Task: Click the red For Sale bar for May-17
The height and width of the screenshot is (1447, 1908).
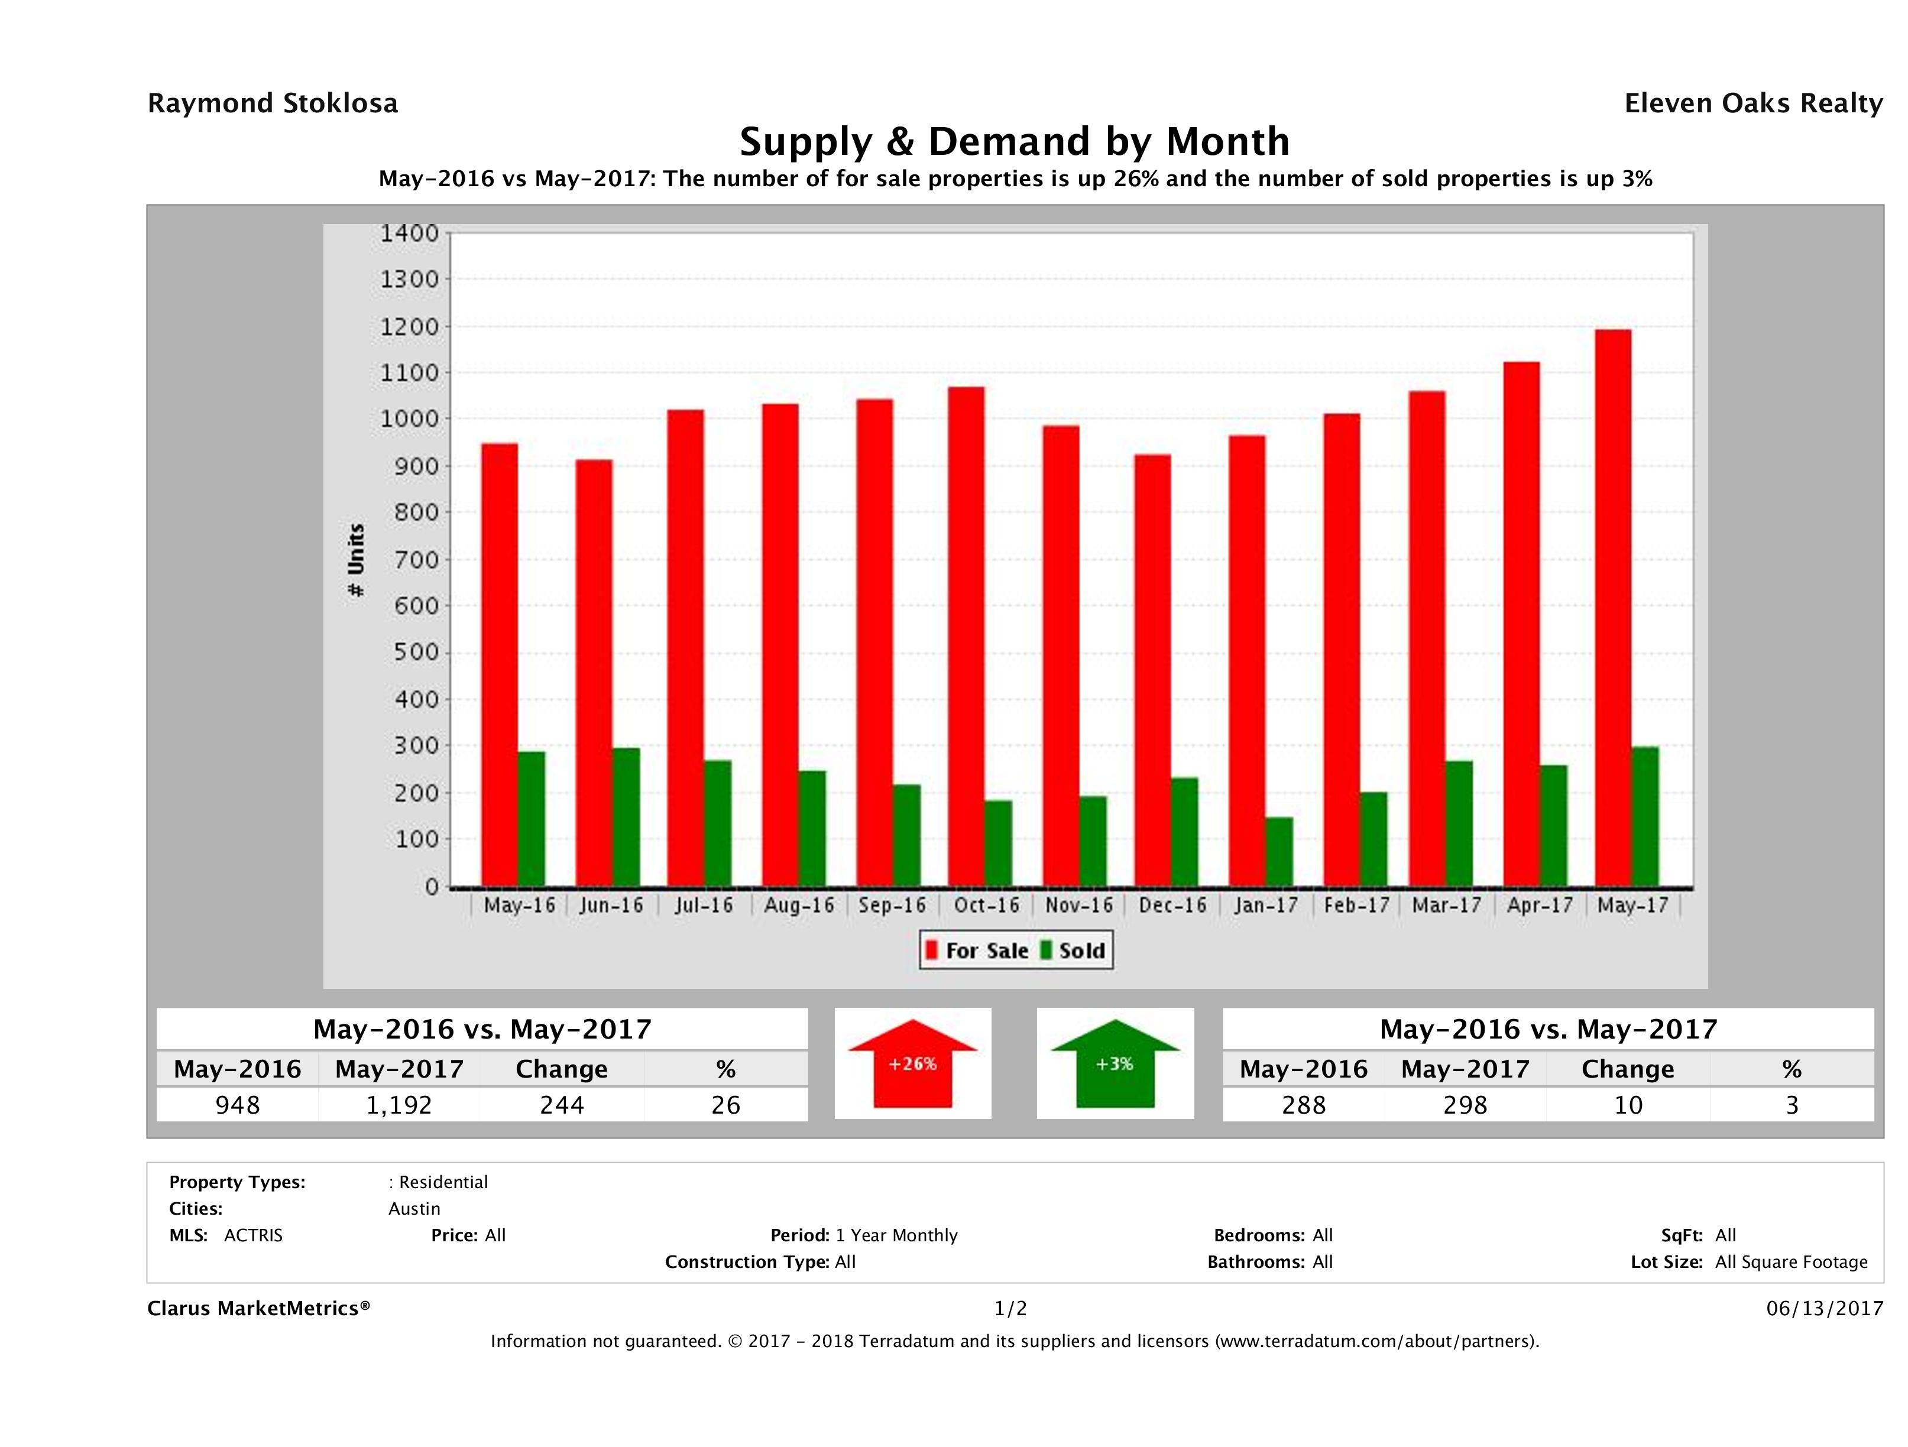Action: (x=1612, y=608)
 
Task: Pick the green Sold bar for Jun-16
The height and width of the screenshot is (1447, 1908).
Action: (x=626, y=817)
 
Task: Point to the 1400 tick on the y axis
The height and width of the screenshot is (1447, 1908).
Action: (x=410, y=233)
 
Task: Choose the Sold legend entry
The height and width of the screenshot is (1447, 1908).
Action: (x=1073, y=950)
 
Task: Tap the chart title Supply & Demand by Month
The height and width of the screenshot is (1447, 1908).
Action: (x=1015, y=141)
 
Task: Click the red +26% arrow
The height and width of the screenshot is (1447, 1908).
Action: (x=912, y=1063)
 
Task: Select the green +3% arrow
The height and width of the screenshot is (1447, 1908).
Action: (x=1115, y=1063)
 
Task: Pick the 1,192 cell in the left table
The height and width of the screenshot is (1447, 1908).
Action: (x=399, y=1105)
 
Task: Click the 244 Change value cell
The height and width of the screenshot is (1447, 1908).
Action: (x=562, y=1105)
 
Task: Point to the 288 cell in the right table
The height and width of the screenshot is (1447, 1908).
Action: (x=1303, y=1105)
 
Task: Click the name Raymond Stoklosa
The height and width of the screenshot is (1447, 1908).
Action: (x=273, y=103)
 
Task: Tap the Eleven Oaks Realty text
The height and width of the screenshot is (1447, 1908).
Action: (x=1752, y=103)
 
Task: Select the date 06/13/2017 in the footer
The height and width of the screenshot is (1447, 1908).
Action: (x=1824, y=1308)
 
